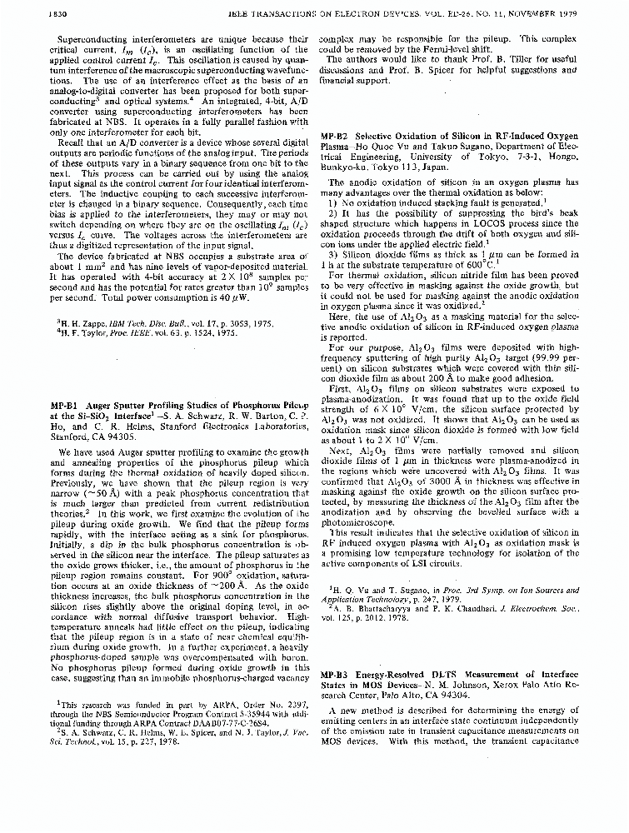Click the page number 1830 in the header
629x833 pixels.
click(x=32, y=12)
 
